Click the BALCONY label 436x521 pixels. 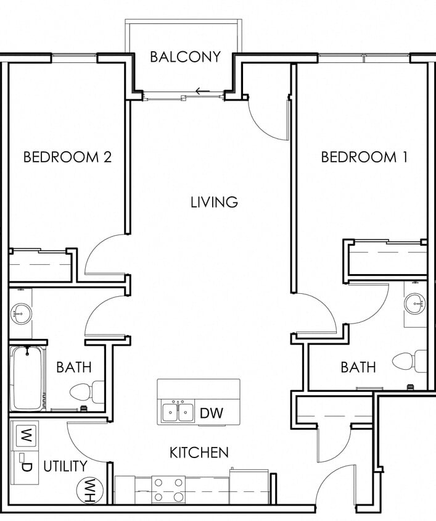[185, 57]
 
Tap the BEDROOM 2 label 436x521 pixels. [67, 157]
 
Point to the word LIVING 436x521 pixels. [214, 202]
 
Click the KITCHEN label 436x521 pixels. [199, 452]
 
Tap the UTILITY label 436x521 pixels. [65, 467]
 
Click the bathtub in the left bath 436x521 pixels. [27, 378]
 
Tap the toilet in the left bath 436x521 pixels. [87, 391]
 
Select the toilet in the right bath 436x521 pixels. [411, 361]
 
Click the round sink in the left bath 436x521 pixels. [20, 314]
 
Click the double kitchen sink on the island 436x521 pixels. [178, 412]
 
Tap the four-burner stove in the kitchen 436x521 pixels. [168, 490]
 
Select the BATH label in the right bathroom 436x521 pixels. [358, 367]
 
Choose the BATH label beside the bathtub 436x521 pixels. [73, 367]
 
